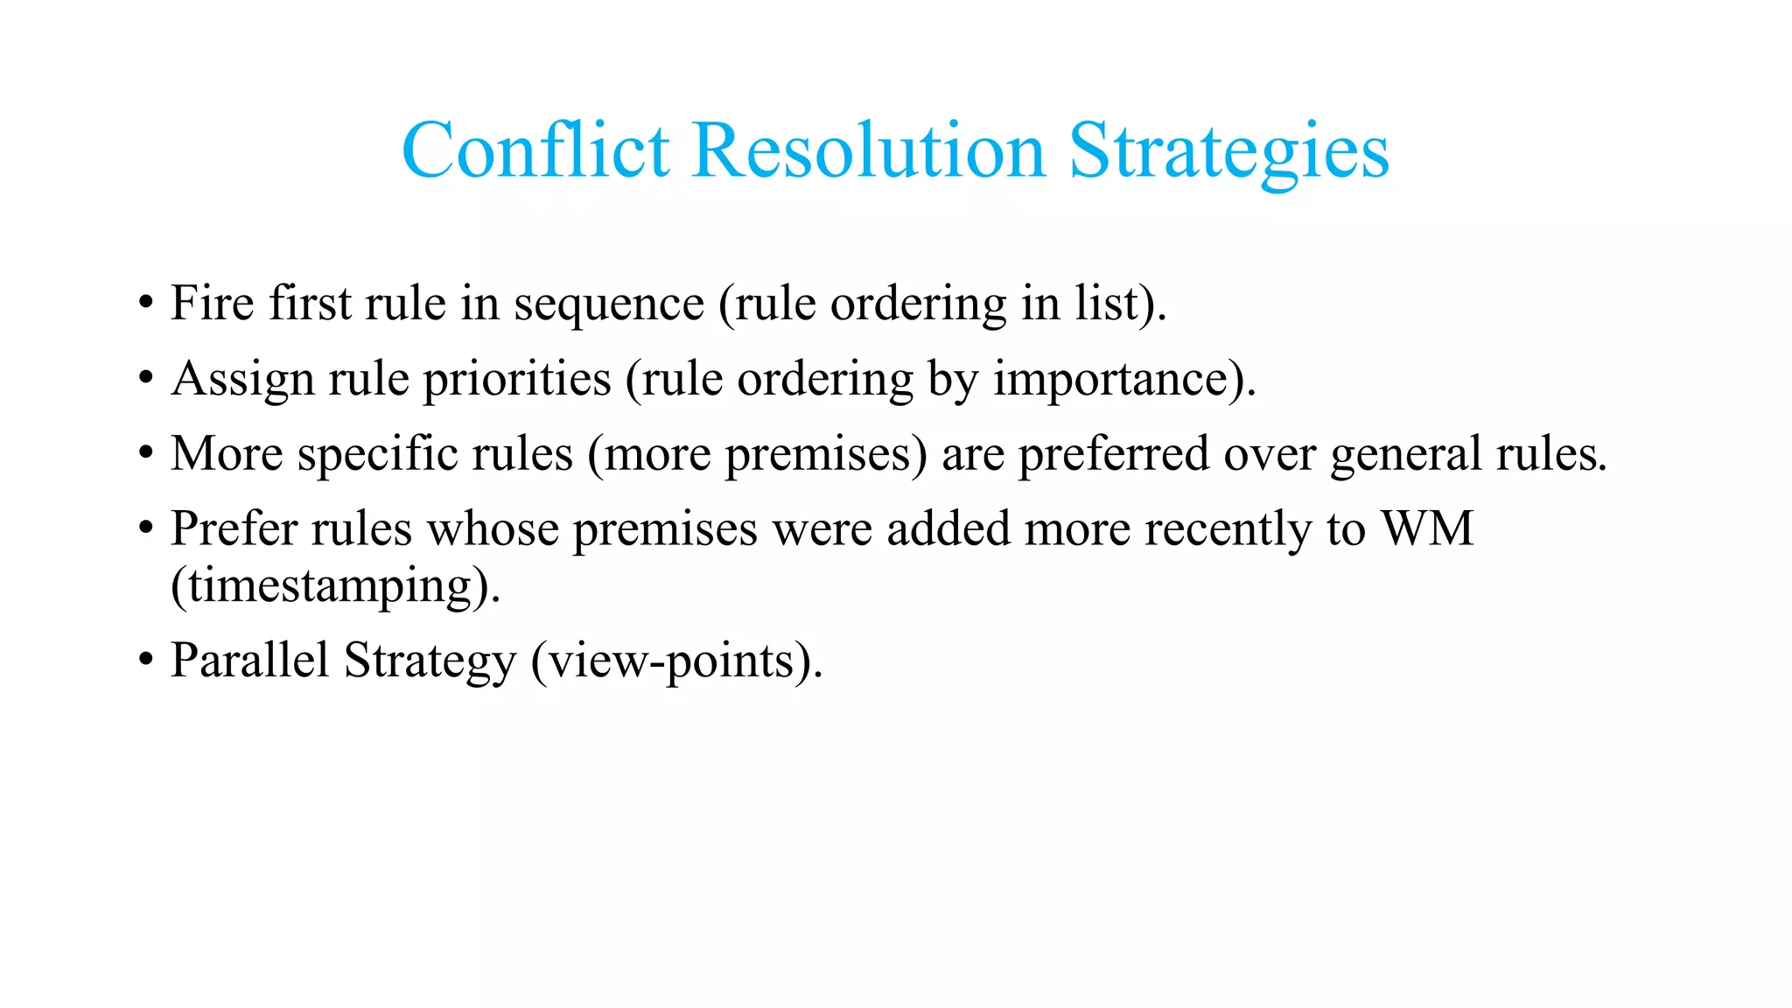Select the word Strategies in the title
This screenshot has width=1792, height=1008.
1228,153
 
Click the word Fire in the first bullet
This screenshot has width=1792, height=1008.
212,304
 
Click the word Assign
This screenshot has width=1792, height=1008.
242,381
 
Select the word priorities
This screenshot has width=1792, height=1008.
517,381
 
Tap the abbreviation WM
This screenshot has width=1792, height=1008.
1427,529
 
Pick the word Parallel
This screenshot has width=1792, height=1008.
249,661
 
